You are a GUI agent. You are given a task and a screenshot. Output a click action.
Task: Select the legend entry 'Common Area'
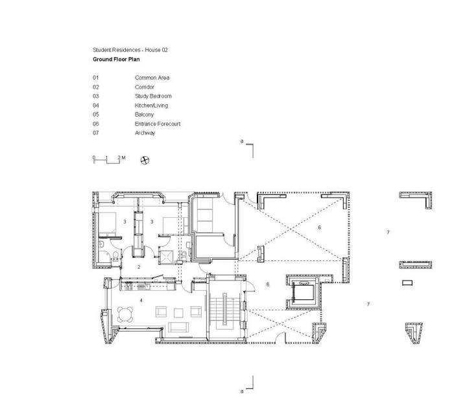(152, 78)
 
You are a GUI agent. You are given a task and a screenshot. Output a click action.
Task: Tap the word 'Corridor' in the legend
(145, 86)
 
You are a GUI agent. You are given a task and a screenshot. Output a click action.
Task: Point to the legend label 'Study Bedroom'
(153, 96)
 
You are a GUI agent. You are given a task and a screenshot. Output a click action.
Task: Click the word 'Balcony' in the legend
(144, 114)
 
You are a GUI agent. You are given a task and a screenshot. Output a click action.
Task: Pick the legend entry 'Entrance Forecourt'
(158, 123)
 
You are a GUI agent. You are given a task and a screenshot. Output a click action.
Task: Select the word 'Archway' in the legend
(145, 132)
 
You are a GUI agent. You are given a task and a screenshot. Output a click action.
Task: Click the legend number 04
(96, 105)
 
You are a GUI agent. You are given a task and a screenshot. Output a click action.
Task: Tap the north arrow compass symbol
(145, 159)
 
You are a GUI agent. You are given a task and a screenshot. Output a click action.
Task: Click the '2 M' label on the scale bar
(122, 157)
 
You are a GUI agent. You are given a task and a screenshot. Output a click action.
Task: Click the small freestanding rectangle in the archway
(407, 283)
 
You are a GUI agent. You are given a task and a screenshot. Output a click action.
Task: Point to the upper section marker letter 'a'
(241, 141)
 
